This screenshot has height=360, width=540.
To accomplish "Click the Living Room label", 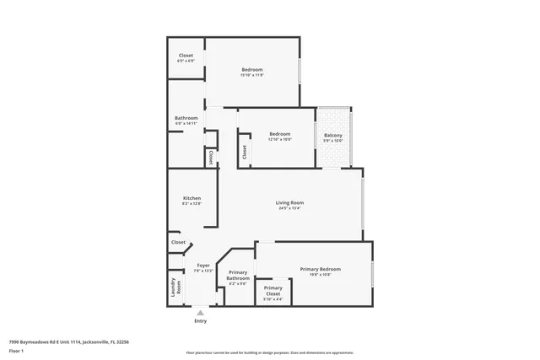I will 289,202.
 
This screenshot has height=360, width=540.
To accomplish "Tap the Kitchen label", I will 192,198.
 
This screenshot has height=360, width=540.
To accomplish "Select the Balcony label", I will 333,135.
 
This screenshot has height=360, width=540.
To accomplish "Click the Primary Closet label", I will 273,288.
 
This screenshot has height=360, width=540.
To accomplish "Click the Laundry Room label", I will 175,286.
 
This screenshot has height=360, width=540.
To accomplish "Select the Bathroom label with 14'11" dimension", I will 186,118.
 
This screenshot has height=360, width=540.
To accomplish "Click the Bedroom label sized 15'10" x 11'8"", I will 252,69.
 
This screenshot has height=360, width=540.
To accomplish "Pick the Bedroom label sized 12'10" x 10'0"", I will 279,134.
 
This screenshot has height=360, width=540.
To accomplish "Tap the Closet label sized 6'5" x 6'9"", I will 186,56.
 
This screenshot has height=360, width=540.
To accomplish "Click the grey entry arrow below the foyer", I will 200,313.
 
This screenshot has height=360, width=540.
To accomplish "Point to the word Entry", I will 200,321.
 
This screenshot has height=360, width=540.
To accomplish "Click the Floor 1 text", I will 16,349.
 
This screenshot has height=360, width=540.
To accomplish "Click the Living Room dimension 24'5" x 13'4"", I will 289,208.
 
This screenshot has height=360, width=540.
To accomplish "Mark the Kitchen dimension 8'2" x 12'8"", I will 192,204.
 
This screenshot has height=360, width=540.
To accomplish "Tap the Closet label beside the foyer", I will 178,242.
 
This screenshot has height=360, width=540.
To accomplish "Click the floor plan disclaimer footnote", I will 269,353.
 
